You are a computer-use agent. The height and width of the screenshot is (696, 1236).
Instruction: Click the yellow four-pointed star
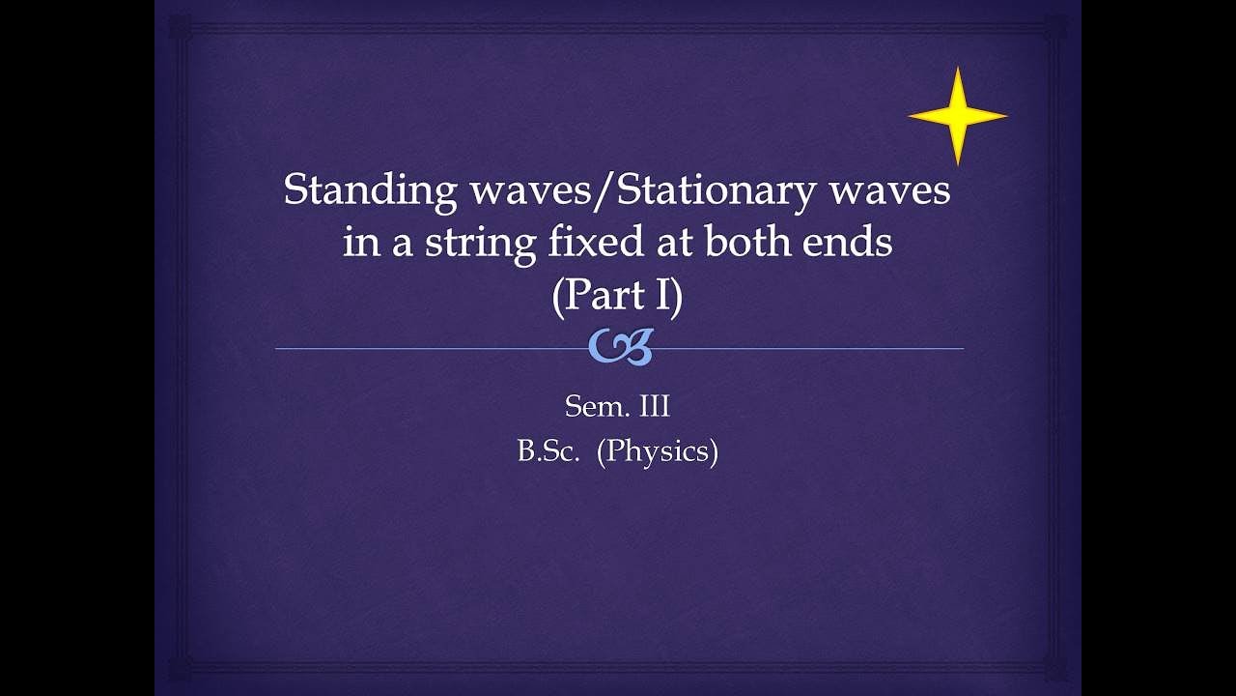957,116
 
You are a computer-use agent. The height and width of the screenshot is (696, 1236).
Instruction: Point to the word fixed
590,242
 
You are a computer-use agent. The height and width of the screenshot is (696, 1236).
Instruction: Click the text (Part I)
617,295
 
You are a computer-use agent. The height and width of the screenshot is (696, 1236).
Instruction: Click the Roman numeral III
652,407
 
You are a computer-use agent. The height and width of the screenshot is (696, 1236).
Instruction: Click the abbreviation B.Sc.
547,451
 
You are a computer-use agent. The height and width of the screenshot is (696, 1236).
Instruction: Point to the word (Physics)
658,452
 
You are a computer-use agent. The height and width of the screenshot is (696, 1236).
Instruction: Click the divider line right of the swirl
811,348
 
